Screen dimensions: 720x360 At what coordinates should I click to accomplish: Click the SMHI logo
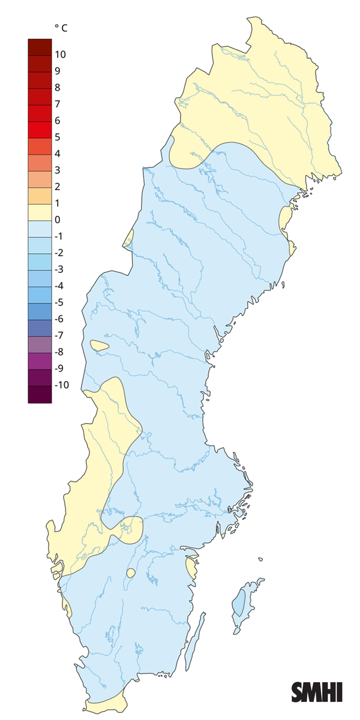317,692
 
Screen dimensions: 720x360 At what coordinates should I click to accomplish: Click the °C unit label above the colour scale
61,28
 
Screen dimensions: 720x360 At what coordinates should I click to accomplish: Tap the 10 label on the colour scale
60,55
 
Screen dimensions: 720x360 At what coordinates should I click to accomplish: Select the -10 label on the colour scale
61,385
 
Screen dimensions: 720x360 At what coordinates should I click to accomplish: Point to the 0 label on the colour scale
57,220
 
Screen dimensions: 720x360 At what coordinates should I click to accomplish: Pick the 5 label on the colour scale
57,137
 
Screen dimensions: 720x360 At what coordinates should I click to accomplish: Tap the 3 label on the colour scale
57,170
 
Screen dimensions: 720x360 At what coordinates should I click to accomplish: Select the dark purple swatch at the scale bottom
40,394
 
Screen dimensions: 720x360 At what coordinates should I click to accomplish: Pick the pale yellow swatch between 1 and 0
40,212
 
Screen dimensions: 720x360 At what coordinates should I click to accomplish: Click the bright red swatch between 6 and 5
40,129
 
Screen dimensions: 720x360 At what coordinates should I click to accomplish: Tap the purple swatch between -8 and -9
40,360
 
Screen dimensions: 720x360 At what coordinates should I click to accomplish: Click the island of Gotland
242,609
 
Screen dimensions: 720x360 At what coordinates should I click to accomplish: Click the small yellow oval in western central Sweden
99,346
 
